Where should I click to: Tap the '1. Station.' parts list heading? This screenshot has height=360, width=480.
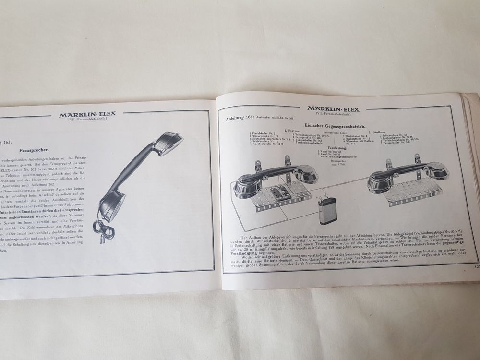pos(292,131)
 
